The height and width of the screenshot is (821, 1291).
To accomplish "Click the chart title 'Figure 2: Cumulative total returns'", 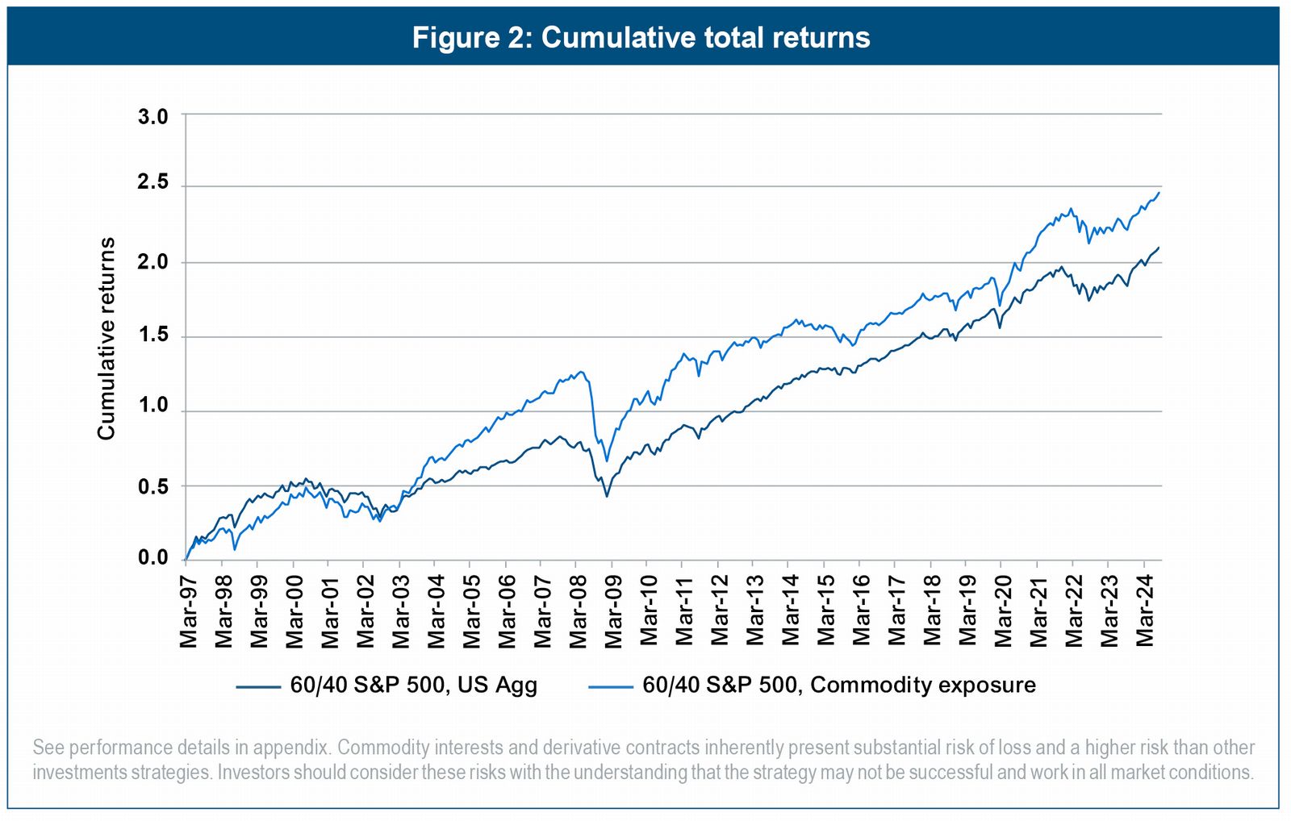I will pos(641,37).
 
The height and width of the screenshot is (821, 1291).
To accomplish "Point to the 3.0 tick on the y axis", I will pos(153,117).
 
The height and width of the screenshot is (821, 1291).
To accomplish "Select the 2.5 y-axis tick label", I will pos(153,182).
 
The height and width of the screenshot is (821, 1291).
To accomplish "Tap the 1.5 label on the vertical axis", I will pos(153,334).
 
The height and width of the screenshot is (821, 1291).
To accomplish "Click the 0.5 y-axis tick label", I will pos(153,486).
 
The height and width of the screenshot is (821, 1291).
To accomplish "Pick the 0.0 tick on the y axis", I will pos(153,557).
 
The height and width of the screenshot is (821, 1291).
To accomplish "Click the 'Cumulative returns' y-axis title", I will pos(107,339).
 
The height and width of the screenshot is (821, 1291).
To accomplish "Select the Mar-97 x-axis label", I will pos(188,611).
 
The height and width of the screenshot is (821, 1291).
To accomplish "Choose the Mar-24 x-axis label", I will pos(1145,611).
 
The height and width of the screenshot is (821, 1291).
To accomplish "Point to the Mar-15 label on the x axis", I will pos(826,611).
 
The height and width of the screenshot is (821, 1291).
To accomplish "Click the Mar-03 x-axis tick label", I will pos(401,611).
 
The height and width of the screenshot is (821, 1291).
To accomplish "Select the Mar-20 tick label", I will pos(1003,611).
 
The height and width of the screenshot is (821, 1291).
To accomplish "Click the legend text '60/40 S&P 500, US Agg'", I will pos(413,685).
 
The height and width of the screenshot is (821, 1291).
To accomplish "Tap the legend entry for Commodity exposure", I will pos(839,685).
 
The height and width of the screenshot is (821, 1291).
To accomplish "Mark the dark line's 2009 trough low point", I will pos(607,496).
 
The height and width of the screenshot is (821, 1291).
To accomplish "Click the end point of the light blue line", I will pos(1159,192).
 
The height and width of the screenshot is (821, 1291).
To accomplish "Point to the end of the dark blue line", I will pos(1159,247).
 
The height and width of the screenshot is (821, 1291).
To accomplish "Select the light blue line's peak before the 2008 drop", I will pos(580,371).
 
